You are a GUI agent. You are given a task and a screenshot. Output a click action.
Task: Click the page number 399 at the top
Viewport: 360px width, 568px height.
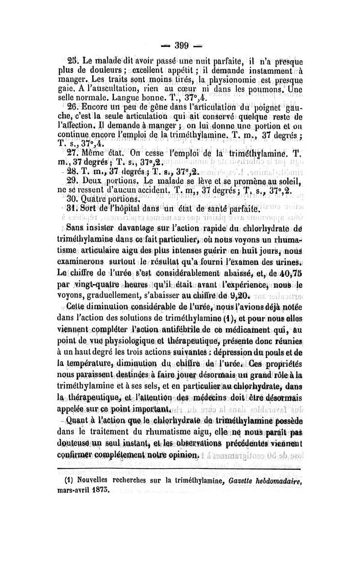[180, 45]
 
